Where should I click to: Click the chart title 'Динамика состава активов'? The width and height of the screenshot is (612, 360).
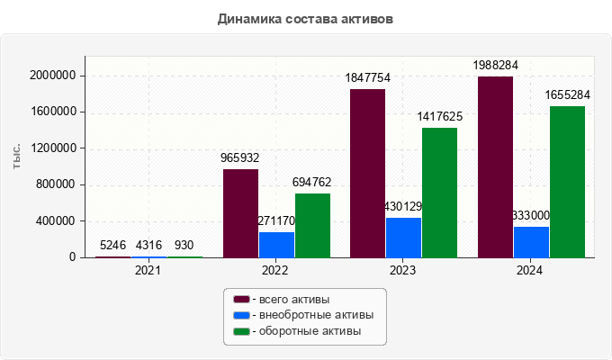[x=306, y=18]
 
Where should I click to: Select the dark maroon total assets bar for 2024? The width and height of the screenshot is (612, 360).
[x=495, y=166]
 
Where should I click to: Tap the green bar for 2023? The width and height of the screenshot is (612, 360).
[x=439, y=193]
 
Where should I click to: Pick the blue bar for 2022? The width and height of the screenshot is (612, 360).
[x=276, y=245]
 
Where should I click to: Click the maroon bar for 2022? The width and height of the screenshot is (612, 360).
[x=240, y=213]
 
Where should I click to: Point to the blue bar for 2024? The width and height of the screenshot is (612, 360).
[x=531, y=241]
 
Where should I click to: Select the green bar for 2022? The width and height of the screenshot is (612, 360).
[x=312, y=225]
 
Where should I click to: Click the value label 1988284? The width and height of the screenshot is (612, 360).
[x=496, y=65]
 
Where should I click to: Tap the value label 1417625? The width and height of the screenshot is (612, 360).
[x=439, y=116]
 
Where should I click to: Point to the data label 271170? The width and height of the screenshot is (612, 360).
[x=276, y=220]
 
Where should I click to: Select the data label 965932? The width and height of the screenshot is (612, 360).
[x=240, y=157]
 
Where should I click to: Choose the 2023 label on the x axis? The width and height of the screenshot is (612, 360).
[x=403, y=269]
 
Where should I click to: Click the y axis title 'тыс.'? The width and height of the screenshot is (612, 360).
[x=17, y=155]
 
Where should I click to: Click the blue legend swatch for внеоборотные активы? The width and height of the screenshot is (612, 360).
[x=241, y=315]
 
